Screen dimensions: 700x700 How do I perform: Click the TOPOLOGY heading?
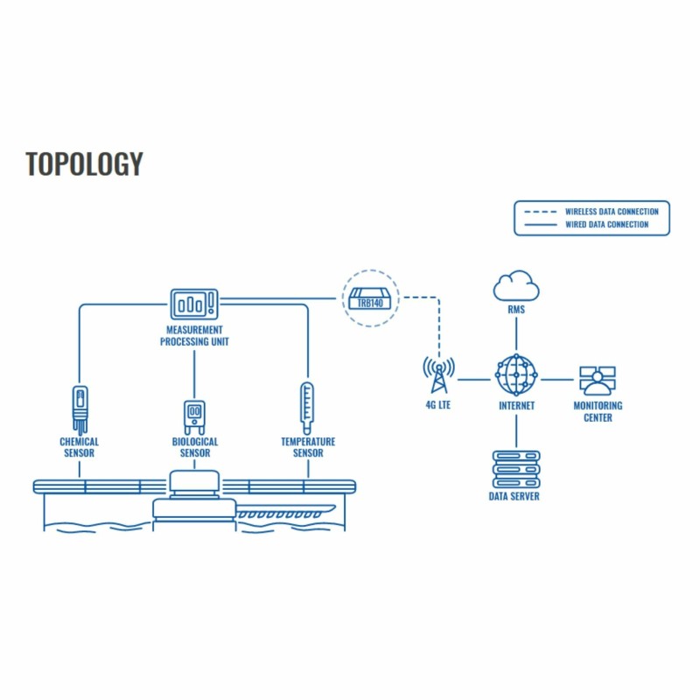click(84, 164)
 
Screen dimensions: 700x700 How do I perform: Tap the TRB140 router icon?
click(369, 298)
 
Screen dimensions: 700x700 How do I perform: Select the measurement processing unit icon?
click(194, 304)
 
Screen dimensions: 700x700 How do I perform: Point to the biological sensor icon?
click(194, 417)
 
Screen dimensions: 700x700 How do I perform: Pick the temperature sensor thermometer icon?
click(307, 408)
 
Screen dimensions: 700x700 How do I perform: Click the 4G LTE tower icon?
click(439, 375)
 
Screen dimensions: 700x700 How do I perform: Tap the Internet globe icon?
click(516, 375)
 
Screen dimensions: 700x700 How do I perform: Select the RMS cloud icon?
click(516, 286)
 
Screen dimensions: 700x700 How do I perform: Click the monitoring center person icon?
click(598, 381)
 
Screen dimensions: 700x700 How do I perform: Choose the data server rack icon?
click(516, 469)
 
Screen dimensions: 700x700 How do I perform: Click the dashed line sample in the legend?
click(540, 212)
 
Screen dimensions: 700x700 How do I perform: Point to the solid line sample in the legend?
click(540, 225)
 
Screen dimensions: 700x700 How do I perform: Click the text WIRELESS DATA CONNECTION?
click(612, 212)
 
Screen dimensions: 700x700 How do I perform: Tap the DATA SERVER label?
click(514, 496)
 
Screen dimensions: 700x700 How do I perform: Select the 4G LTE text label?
click(438, 405)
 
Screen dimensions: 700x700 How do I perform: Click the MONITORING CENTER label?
click(598, 411)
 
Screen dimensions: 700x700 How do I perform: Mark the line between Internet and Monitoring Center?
click(557, 380)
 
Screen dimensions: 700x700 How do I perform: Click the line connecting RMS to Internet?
click(516, 333)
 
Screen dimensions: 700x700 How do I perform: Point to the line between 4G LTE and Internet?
click(474, 380)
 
